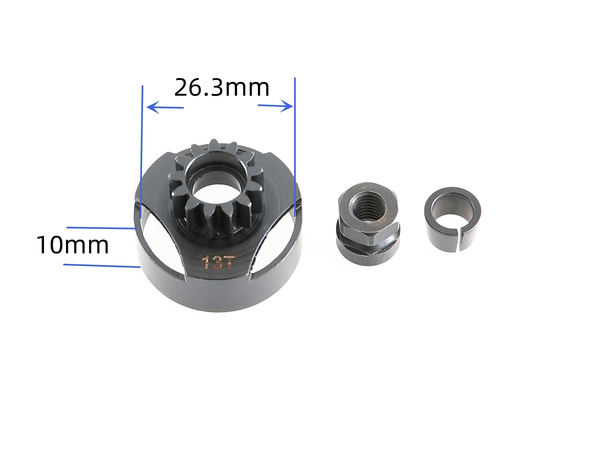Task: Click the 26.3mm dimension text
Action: [x=222, y=88]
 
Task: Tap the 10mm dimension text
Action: [x=73, y=245]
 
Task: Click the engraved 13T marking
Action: [x=217, y=262]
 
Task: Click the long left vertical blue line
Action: [x=142, y=153]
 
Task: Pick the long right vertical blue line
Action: [x=295, y=147]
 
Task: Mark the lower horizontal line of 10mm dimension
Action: [x=102, y=266]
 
